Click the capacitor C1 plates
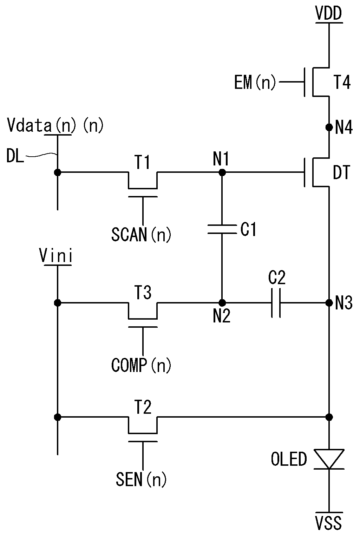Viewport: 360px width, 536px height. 222,229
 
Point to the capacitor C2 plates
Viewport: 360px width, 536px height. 276,303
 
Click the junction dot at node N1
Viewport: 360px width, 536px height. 222,172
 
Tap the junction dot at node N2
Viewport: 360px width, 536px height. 222,303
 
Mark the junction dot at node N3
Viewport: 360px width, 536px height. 329,303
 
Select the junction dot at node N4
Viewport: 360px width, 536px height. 329,127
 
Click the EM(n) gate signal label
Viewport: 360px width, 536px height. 255,82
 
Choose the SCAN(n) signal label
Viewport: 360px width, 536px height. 142,235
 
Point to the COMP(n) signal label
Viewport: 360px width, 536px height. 142,365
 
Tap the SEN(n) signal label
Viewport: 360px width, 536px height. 142,479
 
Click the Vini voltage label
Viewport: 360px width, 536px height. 56,256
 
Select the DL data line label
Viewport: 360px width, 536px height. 15,156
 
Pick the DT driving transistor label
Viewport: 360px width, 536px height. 342,172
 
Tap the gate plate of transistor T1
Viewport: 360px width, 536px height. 143,197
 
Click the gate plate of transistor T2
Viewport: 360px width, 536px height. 143,441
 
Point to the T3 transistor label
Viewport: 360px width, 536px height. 143,292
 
